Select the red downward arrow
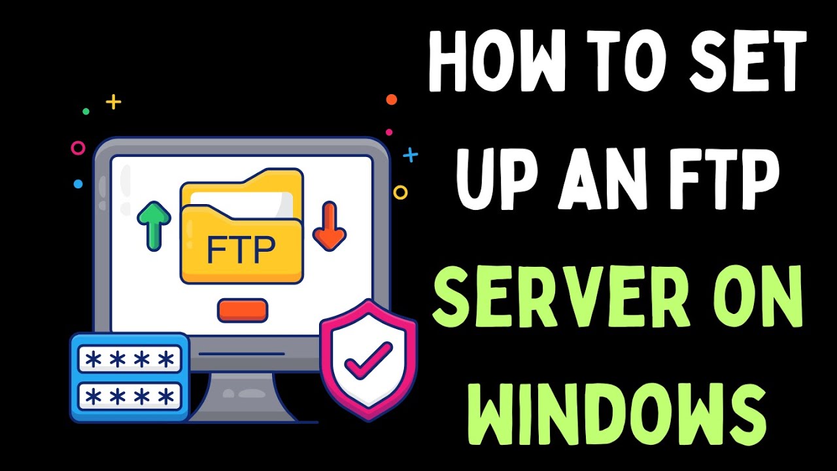329,226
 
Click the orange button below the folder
243,310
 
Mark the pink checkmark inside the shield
368,360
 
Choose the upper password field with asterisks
129,359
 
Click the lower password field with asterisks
129,394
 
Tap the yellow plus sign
114,101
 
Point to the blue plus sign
410,155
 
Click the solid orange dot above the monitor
391,99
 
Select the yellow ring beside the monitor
400,192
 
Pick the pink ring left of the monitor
78,148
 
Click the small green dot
86,111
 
